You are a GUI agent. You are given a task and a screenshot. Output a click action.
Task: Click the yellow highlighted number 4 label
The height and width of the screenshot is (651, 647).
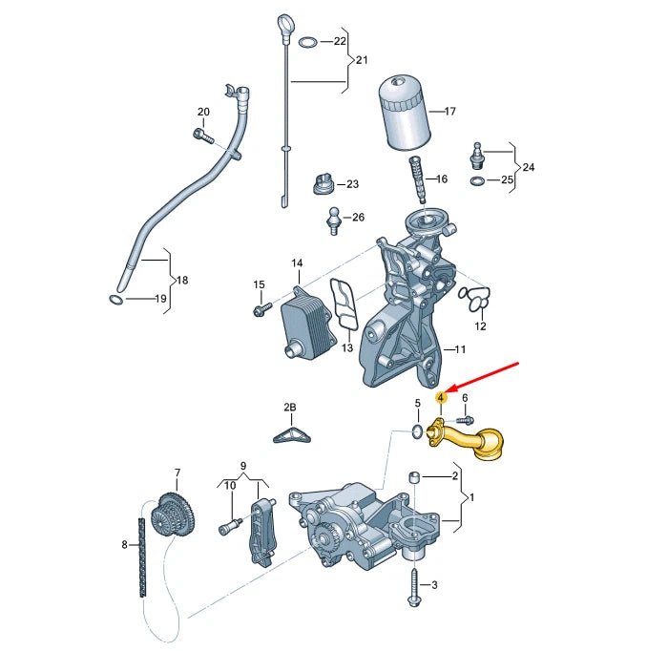pyautogui.click(x=440, y=397)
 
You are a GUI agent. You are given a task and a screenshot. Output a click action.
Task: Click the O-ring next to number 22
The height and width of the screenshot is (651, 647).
pyautogui.click(x=307, y=42)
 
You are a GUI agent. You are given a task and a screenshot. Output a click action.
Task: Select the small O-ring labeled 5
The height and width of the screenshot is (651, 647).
pyautogui.click(x=416, y=434)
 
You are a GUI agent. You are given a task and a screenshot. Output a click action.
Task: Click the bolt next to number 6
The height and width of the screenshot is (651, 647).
pyautogui.click(x=465, y=418)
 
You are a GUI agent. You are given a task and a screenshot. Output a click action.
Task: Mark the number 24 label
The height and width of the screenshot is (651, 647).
pyautogui.click(x=529, y=168)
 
